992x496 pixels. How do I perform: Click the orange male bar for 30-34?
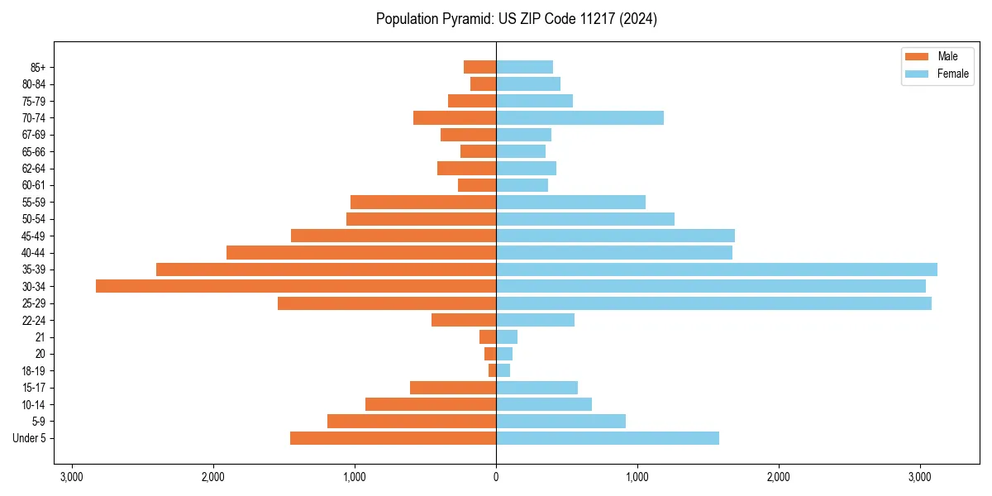(x=296, y=286)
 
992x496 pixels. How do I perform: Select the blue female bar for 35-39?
(x=716, y=269)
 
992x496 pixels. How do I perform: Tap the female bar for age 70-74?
(x=579, y=117)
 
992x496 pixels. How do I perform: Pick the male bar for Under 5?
(x=393, y=438)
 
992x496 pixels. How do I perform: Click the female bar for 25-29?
(x=713, y=303)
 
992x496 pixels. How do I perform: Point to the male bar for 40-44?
(x=361, y=252)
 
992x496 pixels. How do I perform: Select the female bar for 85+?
(x=524, y=67)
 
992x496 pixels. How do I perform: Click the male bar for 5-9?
(x=412, y=421)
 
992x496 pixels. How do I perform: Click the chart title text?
(x=516, y=19)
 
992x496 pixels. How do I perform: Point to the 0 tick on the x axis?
(x=496, y=477)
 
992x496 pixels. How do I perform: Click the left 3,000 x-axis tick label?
(x=72, y=477)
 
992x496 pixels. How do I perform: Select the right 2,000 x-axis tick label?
(x=779, y=477)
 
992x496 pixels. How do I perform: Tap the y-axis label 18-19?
(x=34, y=371)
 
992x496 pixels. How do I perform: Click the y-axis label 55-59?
(x=34, y=202)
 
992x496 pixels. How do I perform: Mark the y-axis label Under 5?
(x=30, y=438)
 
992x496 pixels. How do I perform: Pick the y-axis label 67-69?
(x=34, y=135)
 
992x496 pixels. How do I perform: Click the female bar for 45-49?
(x=615, y=236)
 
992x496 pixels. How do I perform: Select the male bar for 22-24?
(x=464, y=320)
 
